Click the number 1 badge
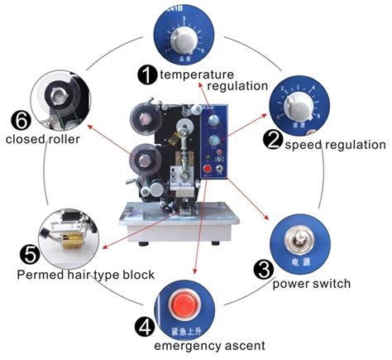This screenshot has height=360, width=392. tap(147, 74)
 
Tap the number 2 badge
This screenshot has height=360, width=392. tap(274, 139)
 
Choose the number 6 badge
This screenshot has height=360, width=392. tap(20, 120)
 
